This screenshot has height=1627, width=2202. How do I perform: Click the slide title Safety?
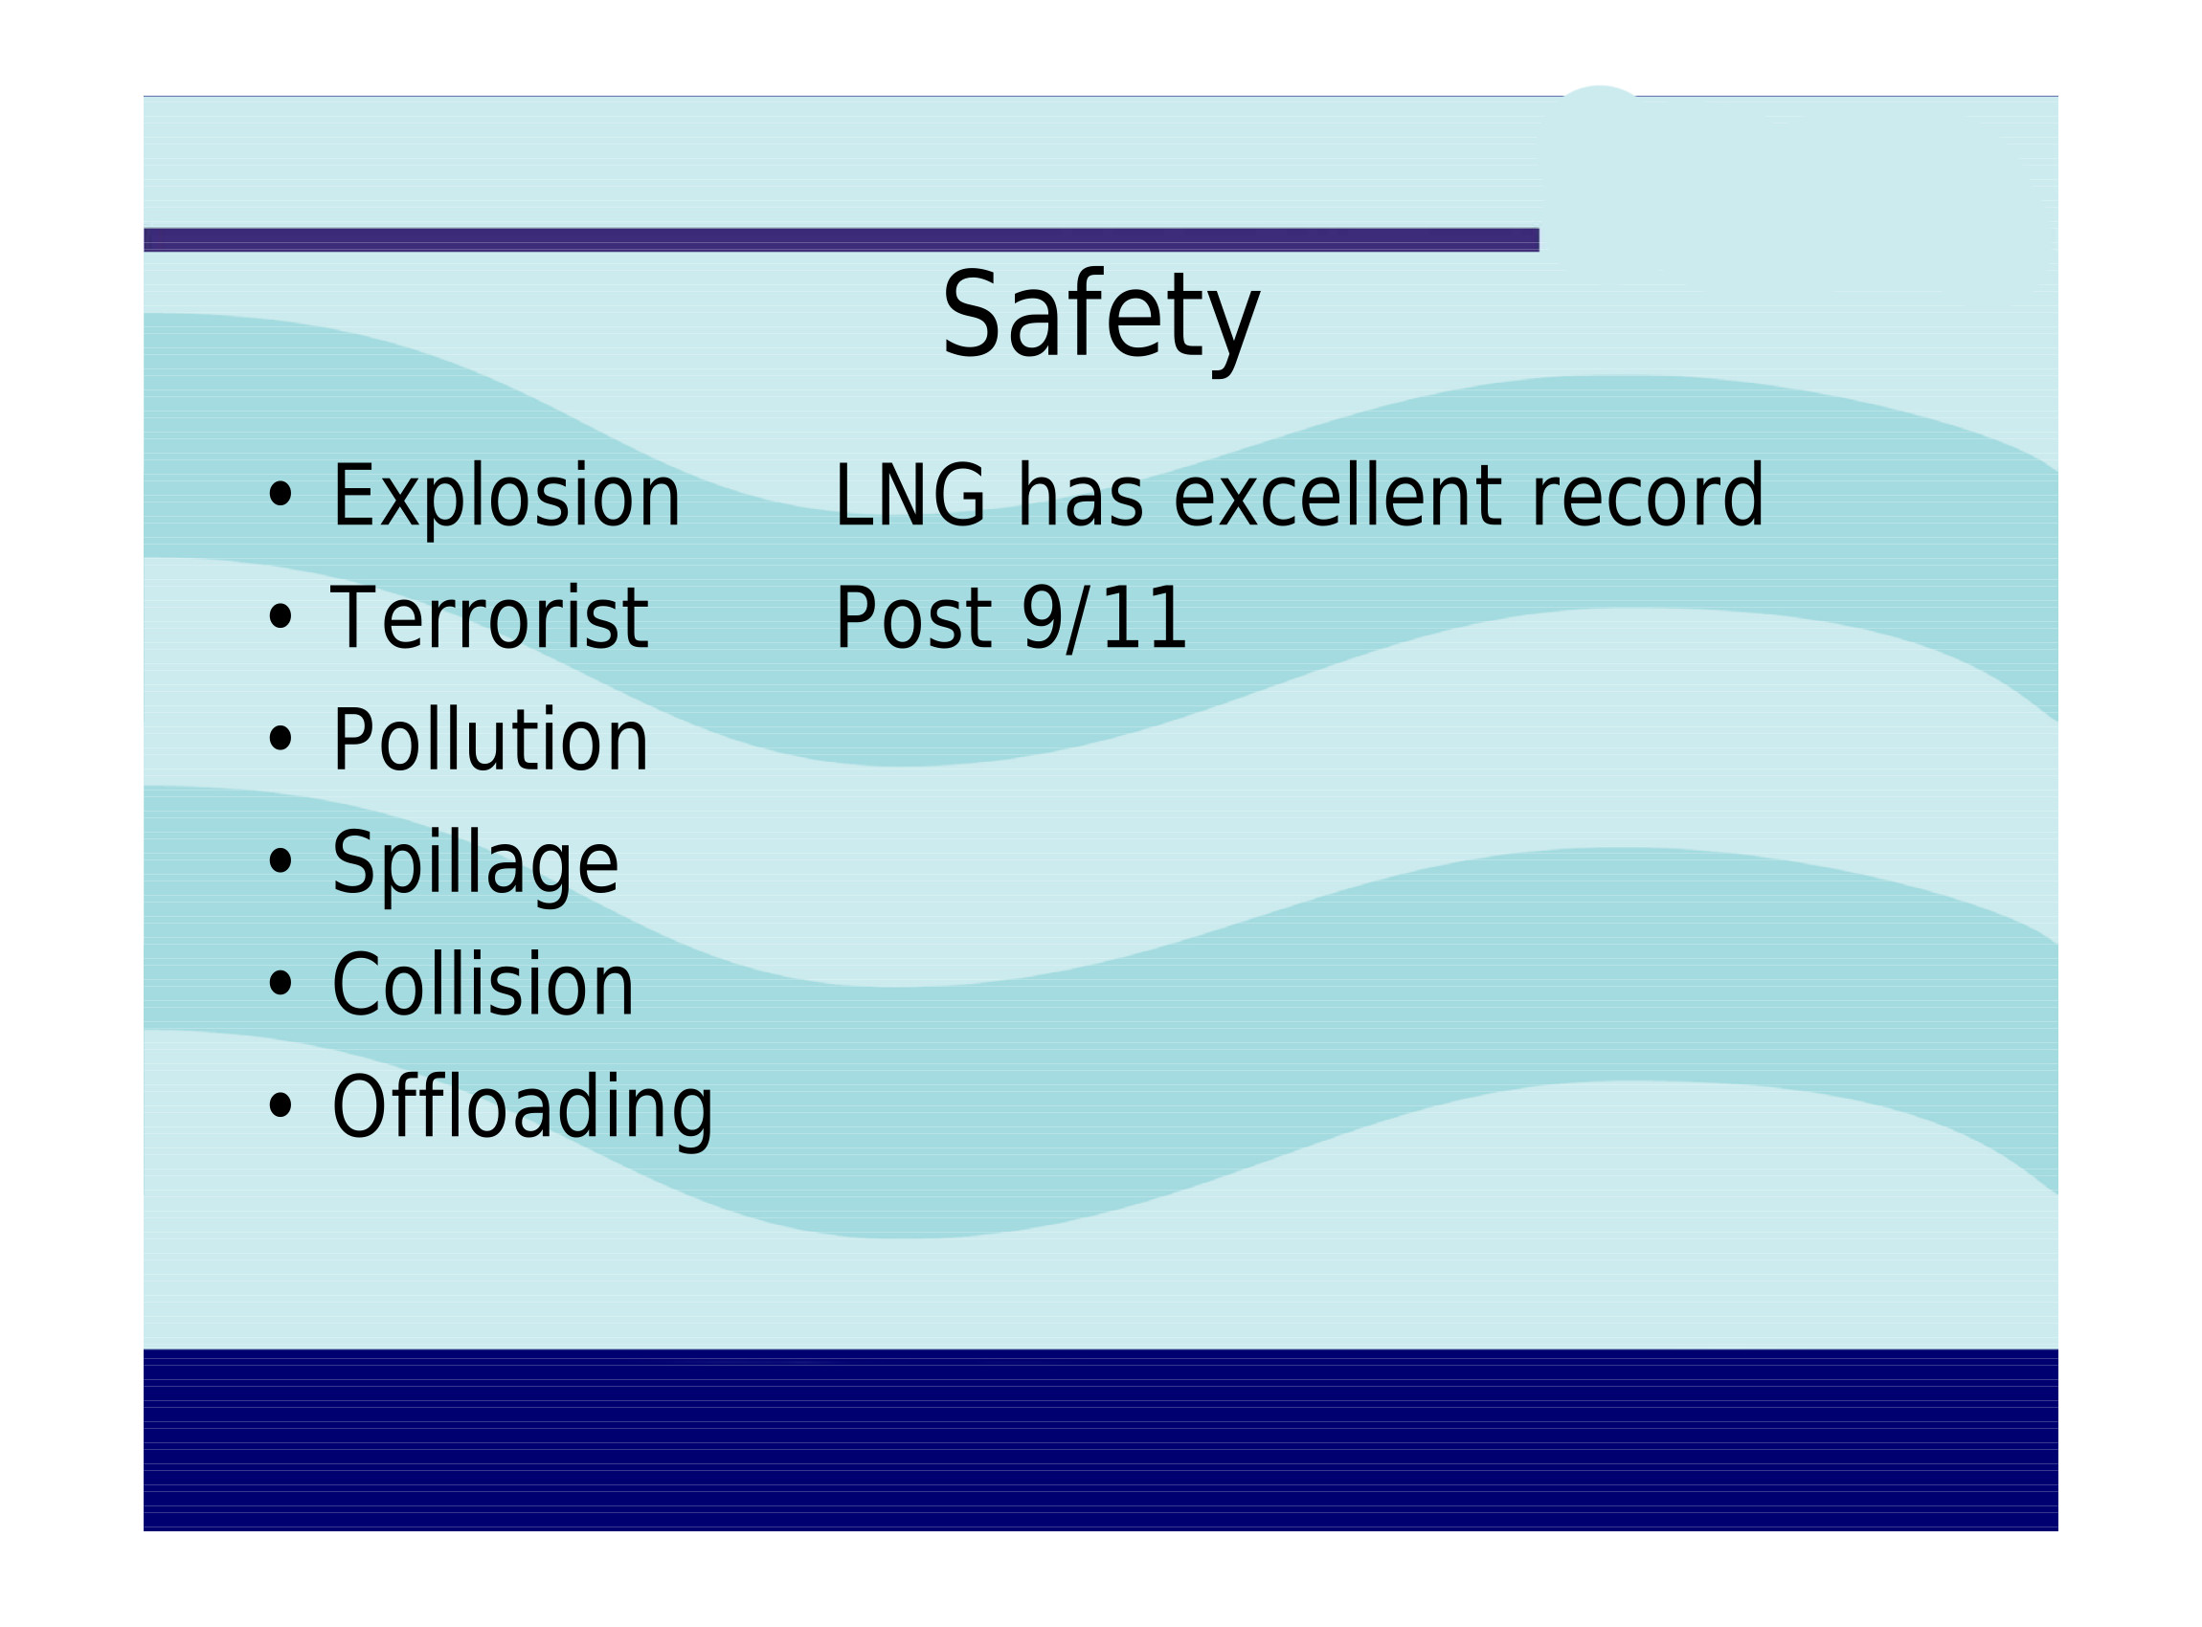[x=1099, y=317]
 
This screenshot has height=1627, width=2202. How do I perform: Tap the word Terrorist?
[x=489, y=617]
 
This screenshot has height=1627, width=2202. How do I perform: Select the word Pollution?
[x=489, y=740]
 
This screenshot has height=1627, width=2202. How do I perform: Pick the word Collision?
[x=483, y=984]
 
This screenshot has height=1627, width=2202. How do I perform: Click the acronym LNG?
[x=910, y=496]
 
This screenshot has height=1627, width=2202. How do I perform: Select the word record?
[x=1647, y=496]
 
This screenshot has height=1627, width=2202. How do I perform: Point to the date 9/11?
[x=1104, y=618]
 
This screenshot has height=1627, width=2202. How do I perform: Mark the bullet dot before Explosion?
[x=281, y=496]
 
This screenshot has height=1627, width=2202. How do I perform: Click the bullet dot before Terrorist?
[x=281, y=617]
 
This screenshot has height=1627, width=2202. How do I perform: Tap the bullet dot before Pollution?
[x=281, y=739]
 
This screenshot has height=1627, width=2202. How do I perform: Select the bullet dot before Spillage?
[x=281, y=861]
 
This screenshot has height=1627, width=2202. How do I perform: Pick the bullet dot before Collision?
[x=281, y=984]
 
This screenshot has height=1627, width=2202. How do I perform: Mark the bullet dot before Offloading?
[x=281, y=1106]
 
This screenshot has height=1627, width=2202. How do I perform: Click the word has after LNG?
[x=1080, y=496]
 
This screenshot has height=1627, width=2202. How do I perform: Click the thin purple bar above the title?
[x=842, y=240]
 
